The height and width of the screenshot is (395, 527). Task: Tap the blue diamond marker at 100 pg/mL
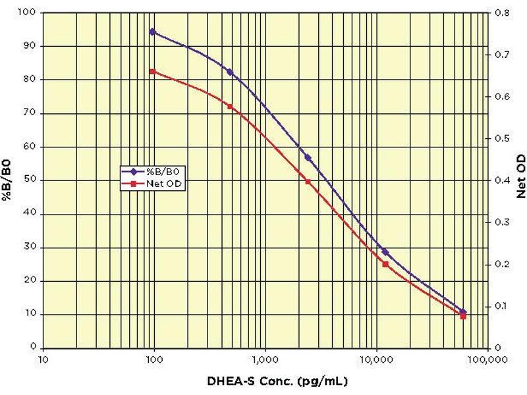tap(153, 31)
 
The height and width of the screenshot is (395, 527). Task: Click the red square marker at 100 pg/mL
tap(152, 71)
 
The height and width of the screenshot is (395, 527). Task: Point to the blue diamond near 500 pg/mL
tap(230, 71)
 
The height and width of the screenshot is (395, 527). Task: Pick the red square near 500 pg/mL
tap(230, 106)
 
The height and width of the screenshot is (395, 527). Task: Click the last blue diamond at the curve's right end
tap(463, 311)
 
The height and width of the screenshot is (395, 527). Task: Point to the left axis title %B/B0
tap(13, 180)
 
